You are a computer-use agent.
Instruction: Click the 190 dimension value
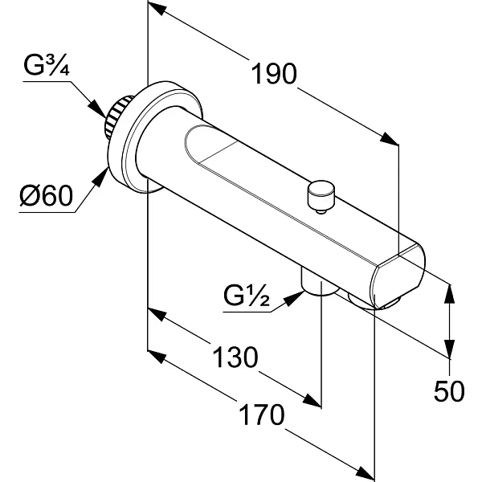[x=274, y=74]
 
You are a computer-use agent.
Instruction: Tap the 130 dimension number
[x=235, y=357]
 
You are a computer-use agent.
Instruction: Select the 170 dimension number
[x=262, y=415]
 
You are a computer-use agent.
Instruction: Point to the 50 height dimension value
[x=449, y=391]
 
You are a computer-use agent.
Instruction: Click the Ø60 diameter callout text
[x=47, y=196]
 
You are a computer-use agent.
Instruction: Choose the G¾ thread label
[x=47, y=66]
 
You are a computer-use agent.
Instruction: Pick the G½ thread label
[x=247, y=296]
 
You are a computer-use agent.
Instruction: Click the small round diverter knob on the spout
[x=321, y=196]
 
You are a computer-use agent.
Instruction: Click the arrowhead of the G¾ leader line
[x=97, y=108]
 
